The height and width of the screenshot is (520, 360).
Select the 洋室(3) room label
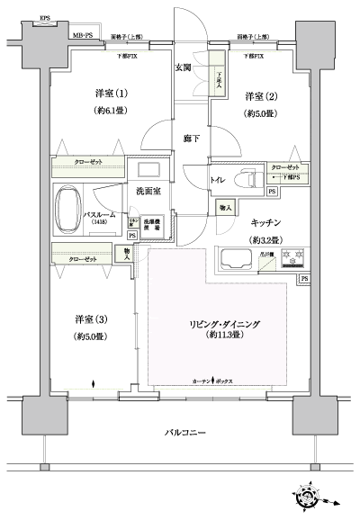tap(89, 318)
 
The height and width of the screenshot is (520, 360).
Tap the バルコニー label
tap(184, 433)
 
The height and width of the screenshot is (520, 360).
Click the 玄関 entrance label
tap(183, 67)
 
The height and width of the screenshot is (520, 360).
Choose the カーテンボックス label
tap(212, 381)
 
